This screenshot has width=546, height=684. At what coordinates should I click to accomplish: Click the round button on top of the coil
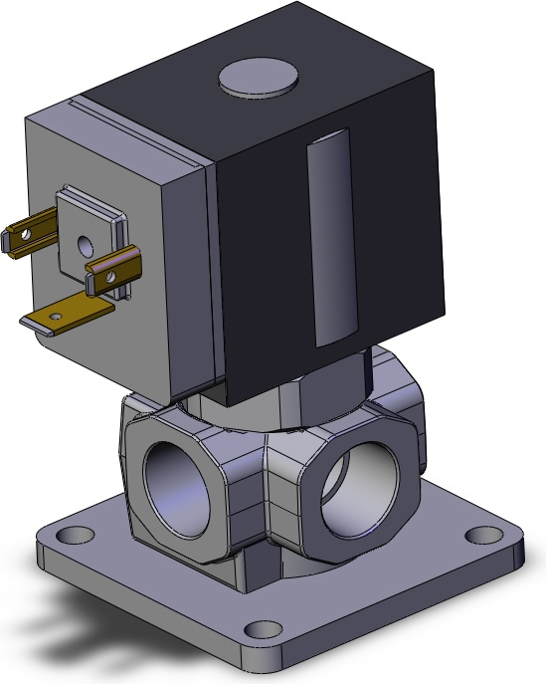(x=258, y=78)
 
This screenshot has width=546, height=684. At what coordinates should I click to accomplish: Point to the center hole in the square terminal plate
(x=84, y=242)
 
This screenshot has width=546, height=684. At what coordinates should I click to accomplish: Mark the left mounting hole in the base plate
(x=73, y=534)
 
